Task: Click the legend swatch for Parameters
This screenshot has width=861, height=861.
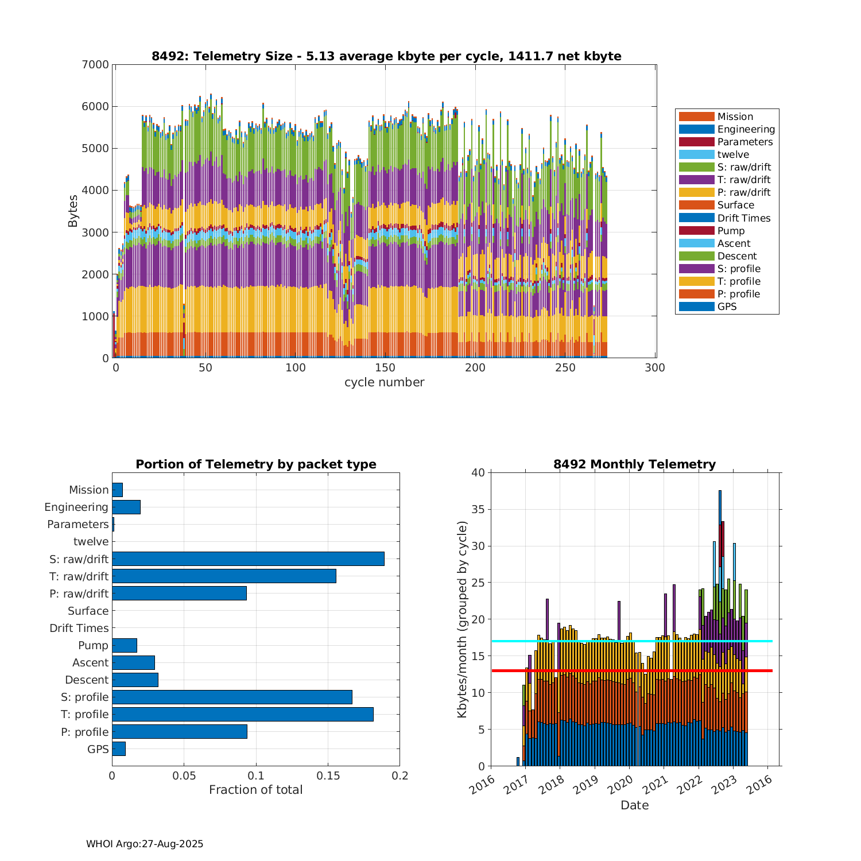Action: click(696, 142)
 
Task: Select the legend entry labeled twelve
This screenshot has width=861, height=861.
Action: click(733, 154)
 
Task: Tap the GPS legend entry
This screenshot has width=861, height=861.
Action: click(727, 307)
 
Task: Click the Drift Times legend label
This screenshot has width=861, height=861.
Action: click(743, 218)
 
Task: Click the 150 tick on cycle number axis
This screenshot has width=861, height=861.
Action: click(385, 368)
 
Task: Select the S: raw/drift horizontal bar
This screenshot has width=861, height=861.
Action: click(248, 559)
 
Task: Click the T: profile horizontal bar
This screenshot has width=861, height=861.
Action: click(243, 714)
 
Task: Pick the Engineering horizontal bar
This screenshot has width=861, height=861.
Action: click(126, 507)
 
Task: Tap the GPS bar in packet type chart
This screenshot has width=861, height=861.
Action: click(119, 748)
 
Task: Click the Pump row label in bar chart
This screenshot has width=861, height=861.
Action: click(93, 645)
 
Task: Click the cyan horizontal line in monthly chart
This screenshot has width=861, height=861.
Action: click(631, 641)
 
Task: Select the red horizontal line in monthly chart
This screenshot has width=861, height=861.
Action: click(631, 670)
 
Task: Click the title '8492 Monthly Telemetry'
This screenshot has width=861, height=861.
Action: click(634, 464)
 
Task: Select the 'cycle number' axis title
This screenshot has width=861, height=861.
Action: click(384, 382)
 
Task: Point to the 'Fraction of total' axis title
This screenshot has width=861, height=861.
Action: click(255, 790)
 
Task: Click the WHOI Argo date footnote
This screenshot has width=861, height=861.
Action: click(145, 844)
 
